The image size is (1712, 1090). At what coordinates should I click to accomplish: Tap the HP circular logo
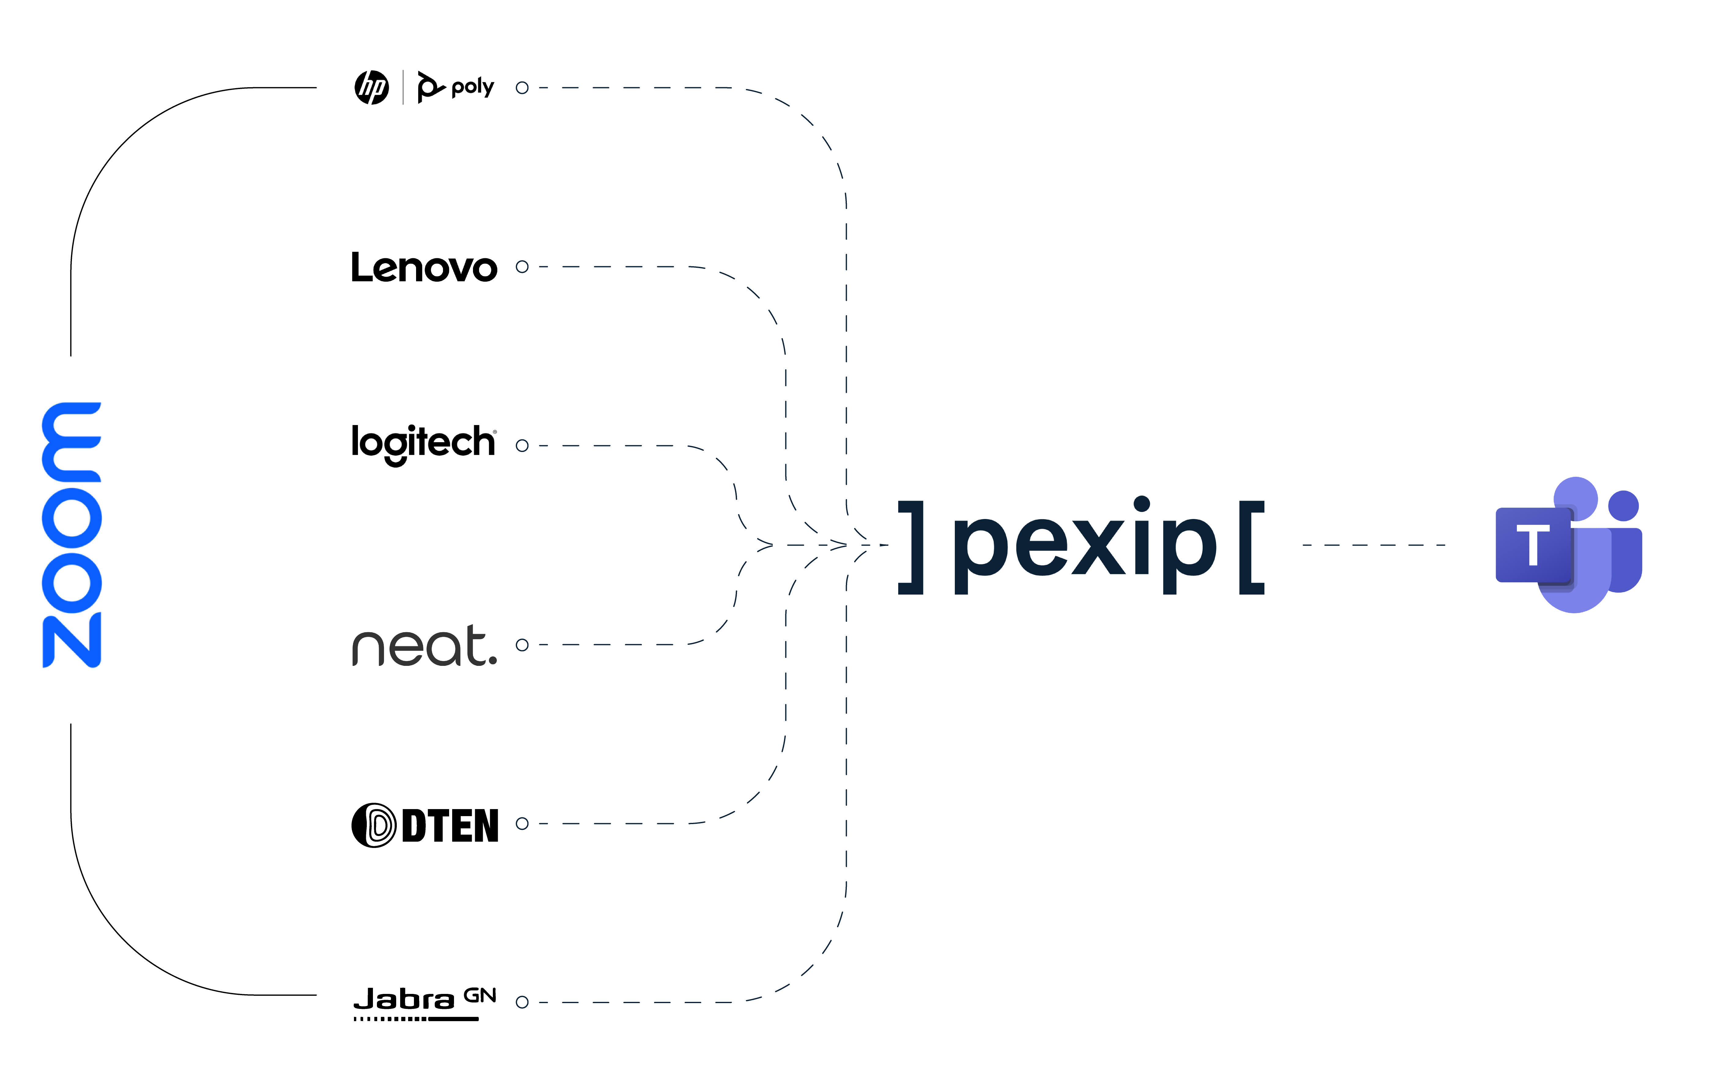tap(372, 88)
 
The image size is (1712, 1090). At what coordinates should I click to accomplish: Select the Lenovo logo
tap(424, 267)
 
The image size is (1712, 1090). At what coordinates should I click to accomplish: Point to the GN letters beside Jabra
tap(480, 995)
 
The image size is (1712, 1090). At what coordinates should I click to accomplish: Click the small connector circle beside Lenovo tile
tap(522, 267)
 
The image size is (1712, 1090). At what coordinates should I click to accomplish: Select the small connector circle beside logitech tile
tap(522, 446)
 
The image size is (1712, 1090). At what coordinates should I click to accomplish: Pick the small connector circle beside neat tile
tap(522, 645)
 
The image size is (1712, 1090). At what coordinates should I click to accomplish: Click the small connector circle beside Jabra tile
tap(522, 1002)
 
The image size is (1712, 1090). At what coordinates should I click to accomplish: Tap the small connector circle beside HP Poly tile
tap(522, 88)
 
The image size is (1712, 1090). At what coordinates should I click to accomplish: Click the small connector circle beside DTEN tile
tap(522, 823)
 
